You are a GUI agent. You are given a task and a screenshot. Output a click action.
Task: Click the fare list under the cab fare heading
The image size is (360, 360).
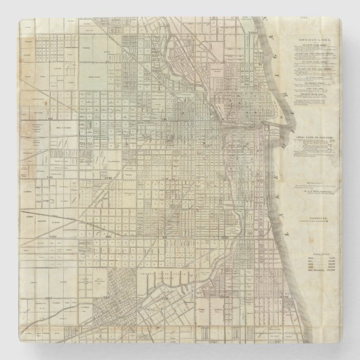(x=316, y=144)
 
